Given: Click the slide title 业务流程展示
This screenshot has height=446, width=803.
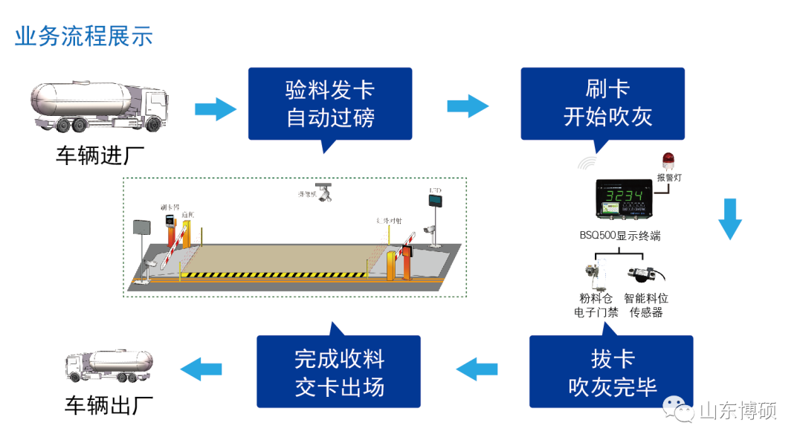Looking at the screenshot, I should pyautogui.click(x=83, y=36).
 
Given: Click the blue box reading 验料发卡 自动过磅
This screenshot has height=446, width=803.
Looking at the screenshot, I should pyautogui.click(x=329, y=103).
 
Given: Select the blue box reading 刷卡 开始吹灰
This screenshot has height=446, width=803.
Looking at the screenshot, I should pyautogui.click(x=602, y=103).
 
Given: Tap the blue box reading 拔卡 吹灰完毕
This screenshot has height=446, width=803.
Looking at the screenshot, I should pyautogui.click(x=611, y=372).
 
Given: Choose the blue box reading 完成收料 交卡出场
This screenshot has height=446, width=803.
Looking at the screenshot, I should pyautogui.click(x=338, y=372).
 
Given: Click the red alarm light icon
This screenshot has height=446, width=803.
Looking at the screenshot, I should pyautogui.click(x=668, y=159).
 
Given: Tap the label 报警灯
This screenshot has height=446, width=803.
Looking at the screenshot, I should pyautogui.click(x=669, y=178).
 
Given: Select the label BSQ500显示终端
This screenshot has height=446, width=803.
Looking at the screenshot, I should pyautogui.click(x=620, y=236).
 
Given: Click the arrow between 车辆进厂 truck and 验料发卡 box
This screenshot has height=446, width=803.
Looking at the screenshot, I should pyautogui.click(x=215, y=109).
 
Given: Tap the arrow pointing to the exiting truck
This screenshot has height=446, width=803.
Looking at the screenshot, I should pyautogui.click(x=201, y=367).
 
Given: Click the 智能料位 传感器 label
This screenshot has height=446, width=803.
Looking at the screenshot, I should pyautogui.click(x=646, y=306).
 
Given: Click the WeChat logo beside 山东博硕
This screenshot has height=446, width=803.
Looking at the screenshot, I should pyautogui.click(x=680, y=410).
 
